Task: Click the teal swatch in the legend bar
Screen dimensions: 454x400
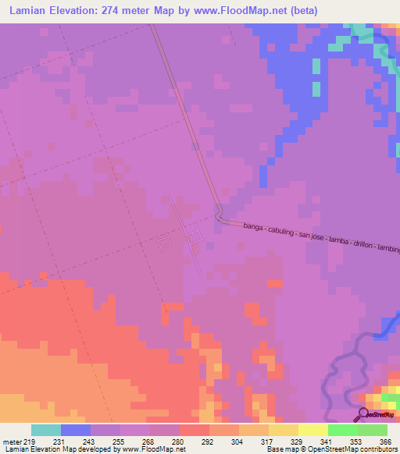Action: coord(46,430)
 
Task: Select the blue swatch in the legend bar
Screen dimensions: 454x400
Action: coord(76,430)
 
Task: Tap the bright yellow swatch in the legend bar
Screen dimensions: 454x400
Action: coord(313,430)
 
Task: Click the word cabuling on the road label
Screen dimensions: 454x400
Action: coord(280,232)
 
